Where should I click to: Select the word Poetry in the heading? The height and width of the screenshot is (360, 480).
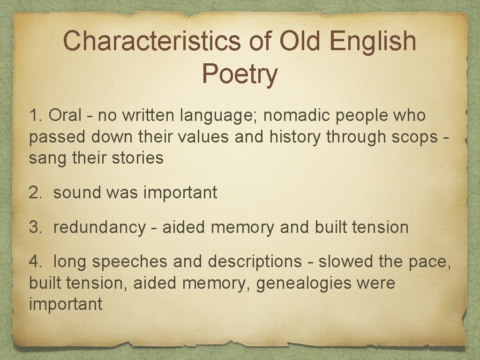[x=240, y=74]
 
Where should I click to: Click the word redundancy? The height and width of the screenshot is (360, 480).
[x=99, y=228]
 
